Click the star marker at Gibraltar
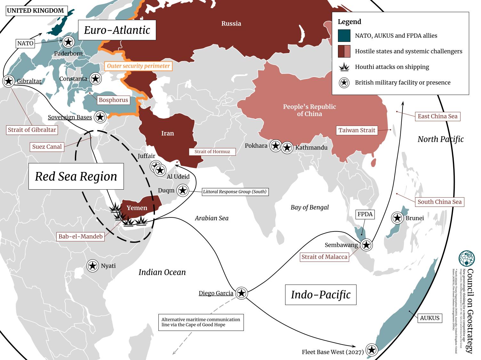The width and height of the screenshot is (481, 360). pyautogui.click(x=9, y=81)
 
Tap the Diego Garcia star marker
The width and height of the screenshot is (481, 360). pyautogui.click(x=242, y=293)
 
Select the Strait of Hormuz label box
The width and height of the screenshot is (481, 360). pyautogui.click(x=212, y=152)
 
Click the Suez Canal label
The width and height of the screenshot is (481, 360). pyautogui.click(x=47, y=147)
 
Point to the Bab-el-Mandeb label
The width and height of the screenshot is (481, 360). pyautogui.click(x=80, y=237)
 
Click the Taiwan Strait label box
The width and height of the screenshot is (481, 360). pyautogui.click(x=357, y=130)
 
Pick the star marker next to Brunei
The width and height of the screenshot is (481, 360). pyautogui.click(x=397, y=218)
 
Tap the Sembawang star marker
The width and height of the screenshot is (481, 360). pyautogui.click(x=366, y=245)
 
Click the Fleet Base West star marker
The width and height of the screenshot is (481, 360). pyautogui.click(x=371, y=350)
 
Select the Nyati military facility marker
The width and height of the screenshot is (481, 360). pyautogui.click(x=92, y=266)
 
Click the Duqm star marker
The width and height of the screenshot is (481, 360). pyautogui.click(x=182, y=191)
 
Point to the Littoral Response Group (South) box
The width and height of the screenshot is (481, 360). pyautogui.click(x=235, y=192)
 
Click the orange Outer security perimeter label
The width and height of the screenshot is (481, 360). pyautogui.click(x=138, y=66)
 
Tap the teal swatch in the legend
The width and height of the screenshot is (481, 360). pyautogui.click(x=344, y=35)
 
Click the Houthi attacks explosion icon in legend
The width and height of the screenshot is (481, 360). pyautogui.click(x=344, y=67)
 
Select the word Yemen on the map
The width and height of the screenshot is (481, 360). pyautogui.click(x=137, y=208)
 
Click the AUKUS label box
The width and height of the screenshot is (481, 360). pyautogui.click(x=429, y=318)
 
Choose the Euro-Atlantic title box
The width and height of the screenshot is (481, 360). pyautogui.click(x=117, y=30)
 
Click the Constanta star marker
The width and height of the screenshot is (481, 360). pyautogui.click(x=95, y=79)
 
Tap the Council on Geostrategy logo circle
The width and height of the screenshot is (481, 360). pyautogui.click(x=467, y=259)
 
